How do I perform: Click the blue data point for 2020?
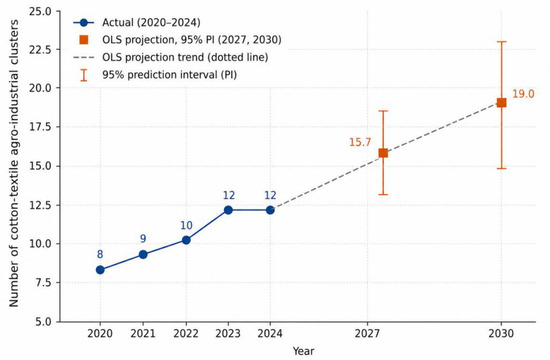click(x=100, y=270)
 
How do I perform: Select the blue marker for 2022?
click(x=186, y=240)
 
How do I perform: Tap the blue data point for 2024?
click(x=270, y=210)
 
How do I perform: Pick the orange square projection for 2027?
click(x=383, y=153)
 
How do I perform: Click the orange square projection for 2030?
click(x=502, y=102)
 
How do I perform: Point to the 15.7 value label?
click(x=360, y=142)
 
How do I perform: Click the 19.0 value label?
click(x=523, y=94)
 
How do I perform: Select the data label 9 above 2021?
click(x=143, y=239)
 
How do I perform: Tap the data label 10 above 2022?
click(x=186, y=225)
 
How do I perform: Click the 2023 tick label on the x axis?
click(x=228, y=333)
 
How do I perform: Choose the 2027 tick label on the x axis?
click(x=367, y=333)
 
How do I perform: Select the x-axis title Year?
click(x=304, y=351)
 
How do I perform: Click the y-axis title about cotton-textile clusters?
click(x=14, y=163)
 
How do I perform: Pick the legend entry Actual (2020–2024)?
click(x=151, y=22)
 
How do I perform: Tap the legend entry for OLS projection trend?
click(x=185, y=57)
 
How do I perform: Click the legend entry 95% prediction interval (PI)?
click(x=169, y=75)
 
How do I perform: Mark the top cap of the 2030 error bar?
click(x=502, y=42)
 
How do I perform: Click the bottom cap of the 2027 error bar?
click(x=383, y=194)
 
